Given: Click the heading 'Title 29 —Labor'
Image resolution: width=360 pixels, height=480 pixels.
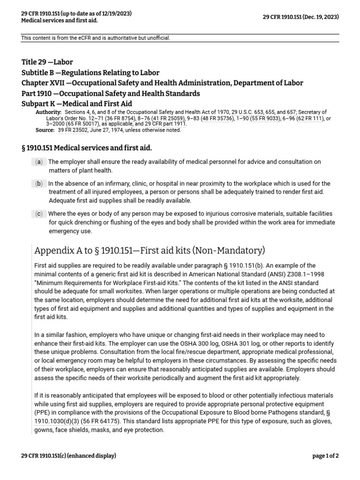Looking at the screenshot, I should pos(47,62).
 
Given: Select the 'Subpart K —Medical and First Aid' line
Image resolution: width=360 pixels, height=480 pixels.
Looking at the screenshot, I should pos(77,104).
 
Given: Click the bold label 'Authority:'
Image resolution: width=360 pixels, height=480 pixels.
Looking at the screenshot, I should pos(49,112).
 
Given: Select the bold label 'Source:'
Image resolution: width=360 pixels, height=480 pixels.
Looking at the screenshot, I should pos(45,130).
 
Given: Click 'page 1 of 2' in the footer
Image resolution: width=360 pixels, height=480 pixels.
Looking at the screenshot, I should pos(325,455).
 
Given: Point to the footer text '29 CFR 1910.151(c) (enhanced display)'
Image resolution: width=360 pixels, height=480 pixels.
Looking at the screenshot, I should pos(68,455).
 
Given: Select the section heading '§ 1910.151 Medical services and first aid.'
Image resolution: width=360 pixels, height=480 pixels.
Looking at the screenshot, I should pos(87,148).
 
